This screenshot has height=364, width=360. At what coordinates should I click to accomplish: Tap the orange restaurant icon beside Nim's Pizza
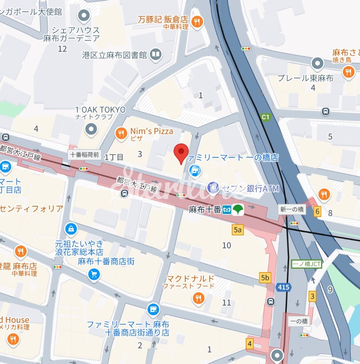121,134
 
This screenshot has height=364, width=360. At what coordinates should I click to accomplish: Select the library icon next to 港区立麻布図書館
156,55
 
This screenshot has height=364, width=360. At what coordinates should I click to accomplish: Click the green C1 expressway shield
265,117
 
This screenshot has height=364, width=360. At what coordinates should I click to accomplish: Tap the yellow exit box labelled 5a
238,230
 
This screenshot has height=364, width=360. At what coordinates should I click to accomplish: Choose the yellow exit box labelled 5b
265,278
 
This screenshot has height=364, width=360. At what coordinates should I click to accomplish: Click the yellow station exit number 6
318,212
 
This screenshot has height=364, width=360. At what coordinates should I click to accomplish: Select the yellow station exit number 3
312,297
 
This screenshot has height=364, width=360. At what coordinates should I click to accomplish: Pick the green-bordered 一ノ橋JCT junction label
307,264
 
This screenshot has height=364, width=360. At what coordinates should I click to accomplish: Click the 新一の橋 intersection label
291,209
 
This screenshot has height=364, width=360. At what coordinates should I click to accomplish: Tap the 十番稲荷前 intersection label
85,155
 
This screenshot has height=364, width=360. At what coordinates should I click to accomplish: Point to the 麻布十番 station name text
205,210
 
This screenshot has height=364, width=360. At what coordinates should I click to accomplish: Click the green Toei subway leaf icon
238,210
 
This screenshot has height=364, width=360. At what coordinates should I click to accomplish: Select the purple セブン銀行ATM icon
212,188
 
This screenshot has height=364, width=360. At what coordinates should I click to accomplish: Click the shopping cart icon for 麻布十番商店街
94,274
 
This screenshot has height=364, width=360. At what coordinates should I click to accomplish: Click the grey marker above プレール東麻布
317,63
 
